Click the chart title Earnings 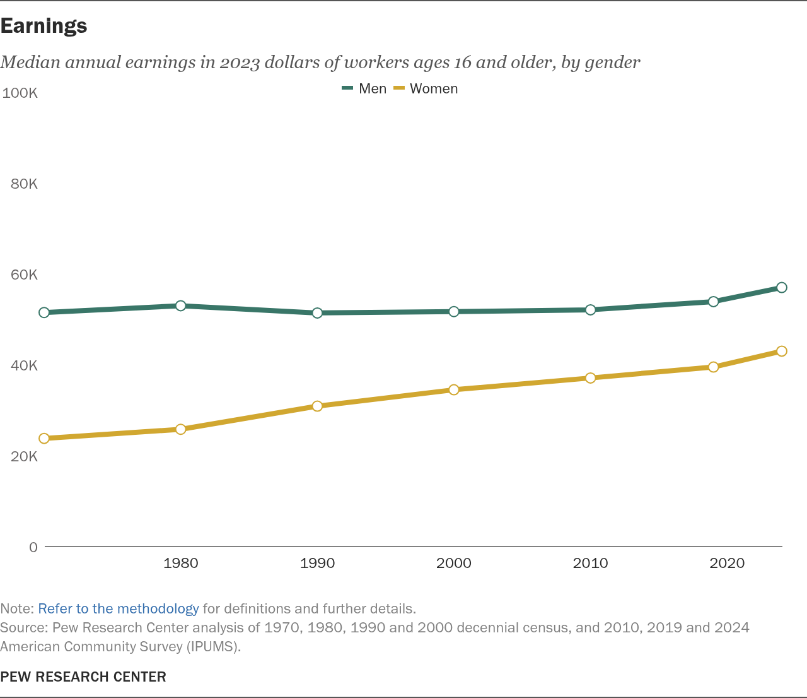tap(44, 27)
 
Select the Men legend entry tap(364, 89)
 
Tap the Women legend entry tap(425, 89)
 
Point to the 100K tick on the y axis tap(20, 93)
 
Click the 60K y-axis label tap(24, 275)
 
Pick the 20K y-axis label tap(24, 456)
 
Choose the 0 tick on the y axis tap(33, 547)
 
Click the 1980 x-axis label tap(181, 563)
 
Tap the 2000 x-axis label tap(454, 563)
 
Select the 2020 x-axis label tap(727, 563)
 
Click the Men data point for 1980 tap(180, 305)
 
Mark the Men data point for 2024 tap(782, 288)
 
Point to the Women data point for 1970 tap(44, 439)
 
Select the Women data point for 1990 tap(317, 406)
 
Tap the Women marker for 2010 tap(590, 378)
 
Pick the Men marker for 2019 tap(713, 302)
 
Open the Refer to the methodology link tap(119, 609)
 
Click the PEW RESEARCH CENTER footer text tap(83, 677)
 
